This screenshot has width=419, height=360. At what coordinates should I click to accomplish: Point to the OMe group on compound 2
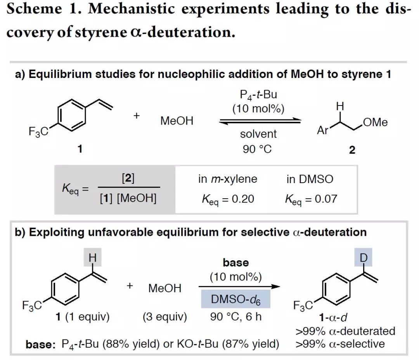point(375,122)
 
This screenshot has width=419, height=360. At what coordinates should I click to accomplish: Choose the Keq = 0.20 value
point(228,199)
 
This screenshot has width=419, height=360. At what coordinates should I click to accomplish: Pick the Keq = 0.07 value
point(311,199)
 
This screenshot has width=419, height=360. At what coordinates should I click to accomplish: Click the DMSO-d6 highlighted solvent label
point(235,299)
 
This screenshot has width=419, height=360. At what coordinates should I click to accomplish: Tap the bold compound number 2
point(352,150)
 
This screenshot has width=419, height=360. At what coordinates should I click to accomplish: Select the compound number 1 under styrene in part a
point(80,149)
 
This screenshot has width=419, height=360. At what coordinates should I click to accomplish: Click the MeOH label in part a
point(177,121)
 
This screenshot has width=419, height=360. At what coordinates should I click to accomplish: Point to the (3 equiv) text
point(164,317)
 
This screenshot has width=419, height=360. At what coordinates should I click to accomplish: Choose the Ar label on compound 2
point(323,131)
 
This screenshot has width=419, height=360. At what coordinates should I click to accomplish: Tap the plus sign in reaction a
point(137,116)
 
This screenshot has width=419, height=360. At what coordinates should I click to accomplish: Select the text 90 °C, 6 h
point(236,317)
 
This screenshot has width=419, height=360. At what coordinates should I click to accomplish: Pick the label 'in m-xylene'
point(228,179)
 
